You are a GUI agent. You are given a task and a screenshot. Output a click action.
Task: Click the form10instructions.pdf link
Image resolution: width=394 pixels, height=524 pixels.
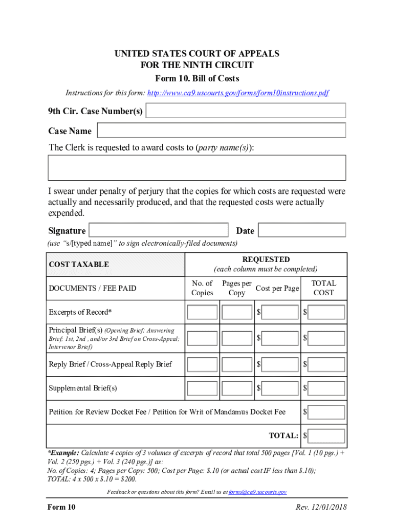click(238, 93)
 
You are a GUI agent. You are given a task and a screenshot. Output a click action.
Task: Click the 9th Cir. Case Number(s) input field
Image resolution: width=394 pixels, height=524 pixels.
click(246, 111)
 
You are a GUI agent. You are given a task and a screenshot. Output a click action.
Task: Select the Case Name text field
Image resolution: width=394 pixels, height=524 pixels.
click(222, 130)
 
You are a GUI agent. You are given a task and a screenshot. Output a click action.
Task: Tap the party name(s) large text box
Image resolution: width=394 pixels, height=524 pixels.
click(196, 168)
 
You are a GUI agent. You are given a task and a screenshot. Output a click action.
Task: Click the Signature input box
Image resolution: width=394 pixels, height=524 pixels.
click(159, 230)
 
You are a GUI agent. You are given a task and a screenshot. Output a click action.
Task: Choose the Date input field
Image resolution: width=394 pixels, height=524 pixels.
click(301, 230)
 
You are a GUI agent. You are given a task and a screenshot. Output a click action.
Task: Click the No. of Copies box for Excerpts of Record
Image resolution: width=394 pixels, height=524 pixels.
click(202, 312)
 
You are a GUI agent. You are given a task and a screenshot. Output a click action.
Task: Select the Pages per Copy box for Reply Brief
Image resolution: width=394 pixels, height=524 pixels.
click(237, 364)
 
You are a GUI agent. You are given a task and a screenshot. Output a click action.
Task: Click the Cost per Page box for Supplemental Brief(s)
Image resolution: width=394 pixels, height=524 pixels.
click(280, 388)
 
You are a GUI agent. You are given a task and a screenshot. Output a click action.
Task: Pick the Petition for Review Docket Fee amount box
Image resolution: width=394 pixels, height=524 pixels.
click(326, 412)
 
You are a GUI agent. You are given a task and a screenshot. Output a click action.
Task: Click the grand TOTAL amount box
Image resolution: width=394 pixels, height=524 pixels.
click(326, 436)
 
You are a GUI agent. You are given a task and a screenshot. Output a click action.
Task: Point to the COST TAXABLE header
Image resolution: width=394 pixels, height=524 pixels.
click(79, 265)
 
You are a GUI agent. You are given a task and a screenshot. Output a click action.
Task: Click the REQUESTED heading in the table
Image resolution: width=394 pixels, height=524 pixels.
click(266, 259)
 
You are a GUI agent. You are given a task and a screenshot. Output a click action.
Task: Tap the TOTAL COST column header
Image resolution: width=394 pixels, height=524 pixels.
click(323, 288)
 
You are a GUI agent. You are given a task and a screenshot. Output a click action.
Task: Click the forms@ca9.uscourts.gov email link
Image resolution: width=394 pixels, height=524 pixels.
click(257, 492)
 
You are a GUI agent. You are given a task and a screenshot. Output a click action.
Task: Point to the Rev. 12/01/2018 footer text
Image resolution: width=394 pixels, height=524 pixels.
click(321, 507)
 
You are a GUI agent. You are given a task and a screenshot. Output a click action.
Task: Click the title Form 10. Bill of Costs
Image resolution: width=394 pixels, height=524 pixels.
click(197, 79)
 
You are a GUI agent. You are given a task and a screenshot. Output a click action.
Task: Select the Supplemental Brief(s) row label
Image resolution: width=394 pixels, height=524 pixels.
click(83, 388)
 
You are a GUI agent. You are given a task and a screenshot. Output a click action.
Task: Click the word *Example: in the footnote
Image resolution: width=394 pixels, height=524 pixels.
click(63, 453)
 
